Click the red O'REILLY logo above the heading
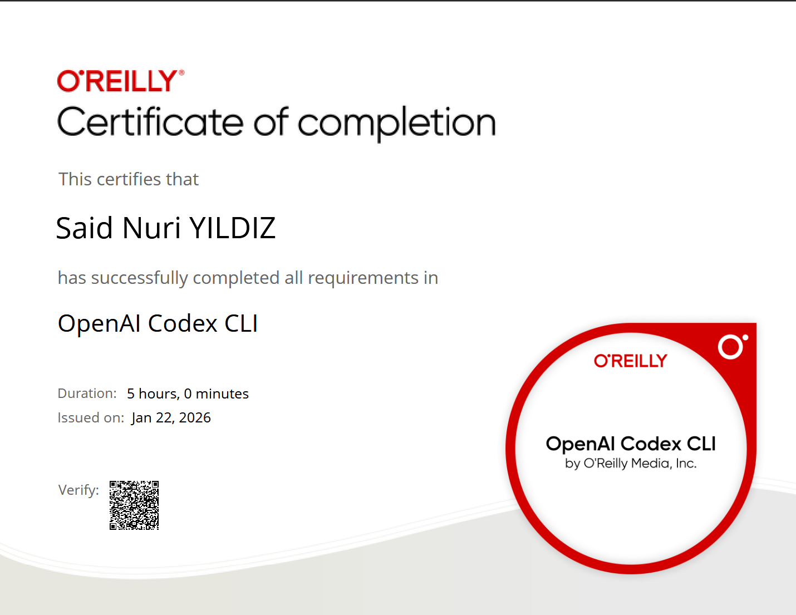point(120,81)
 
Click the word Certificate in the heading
point(150,122)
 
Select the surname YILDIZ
point(233,228)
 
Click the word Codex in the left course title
point(183,324)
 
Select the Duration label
point(87,393)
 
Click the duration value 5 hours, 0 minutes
point(188,394)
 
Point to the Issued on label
point(91,418)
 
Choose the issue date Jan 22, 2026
point(171,418)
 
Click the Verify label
point(78,490)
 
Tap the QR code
point(134,505)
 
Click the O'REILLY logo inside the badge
point(630,361)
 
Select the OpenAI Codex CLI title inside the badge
point(631,444)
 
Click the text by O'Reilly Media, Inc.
point(631,464)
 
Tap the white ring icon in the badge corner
point(731,347)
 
